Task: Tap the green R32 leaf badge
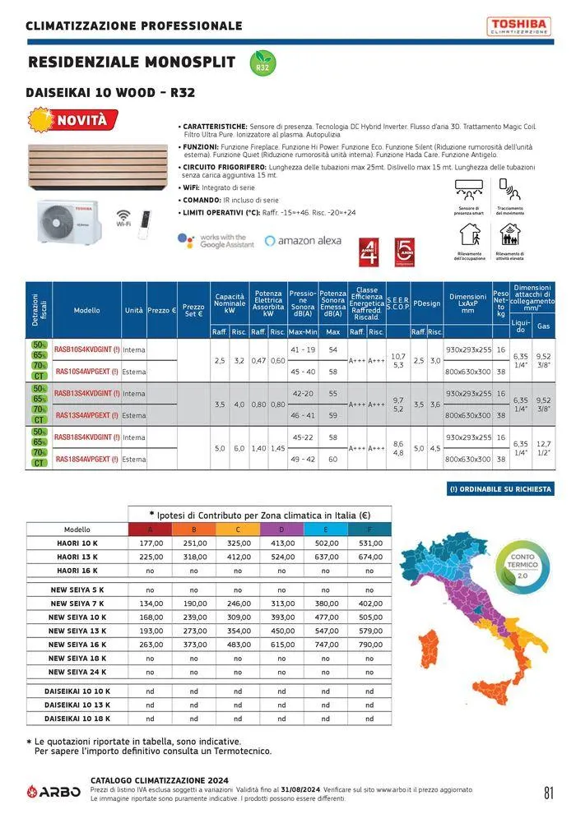tap(262, 62)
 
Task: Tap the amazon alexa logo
tap(303, 241)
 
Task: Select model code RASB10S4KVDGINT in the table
tap(86, 349)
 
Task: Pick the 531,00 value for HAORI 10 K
tap(368, 543)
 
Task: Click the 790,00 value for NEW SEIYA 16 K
tap(368, 645)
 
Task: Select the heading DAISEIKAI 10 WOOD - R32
tap(110, 93)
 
